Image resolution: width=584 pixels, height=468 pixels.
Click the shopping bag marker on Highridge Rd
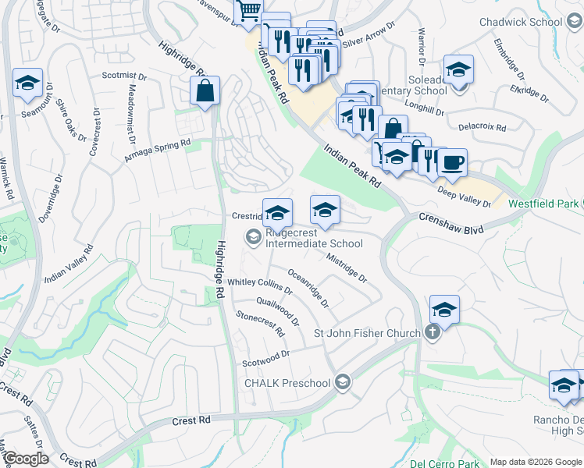205,90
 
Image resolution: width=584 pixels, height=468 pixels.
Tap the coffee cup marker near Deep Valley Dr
453,163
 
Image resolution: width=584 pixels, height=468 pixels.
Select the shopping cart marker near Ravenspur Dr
248,11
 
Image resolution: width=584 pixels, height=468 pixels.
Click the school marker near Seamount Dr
28,83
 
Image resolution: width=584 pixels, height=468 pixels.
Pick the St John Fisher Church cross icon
433,333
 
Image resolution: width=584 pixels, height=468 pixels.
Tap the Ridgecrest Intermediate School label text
314,238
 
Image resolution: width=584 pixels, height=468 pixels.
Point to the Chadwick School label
515,21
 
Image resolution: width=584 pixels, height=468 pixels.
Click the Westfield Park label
542,204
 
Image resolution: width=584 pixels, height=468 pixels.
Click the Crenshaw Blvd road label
451,225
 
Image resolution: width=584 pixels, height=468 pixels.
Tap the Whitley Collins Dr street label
260,285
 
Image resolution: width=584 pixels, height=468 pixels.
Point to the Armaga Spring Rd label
157,151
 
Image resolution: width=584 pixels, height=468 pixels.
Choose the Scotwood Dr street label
265,357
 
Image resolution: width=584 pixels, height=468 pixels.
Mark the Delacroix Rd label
482,126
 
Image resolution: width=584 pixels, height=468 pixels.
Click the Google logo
27,459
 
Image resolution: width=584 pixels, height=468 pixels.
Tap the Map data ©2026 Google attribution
534,462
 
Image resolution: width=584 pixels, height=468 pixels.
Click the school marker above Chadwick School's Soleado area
458,69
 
